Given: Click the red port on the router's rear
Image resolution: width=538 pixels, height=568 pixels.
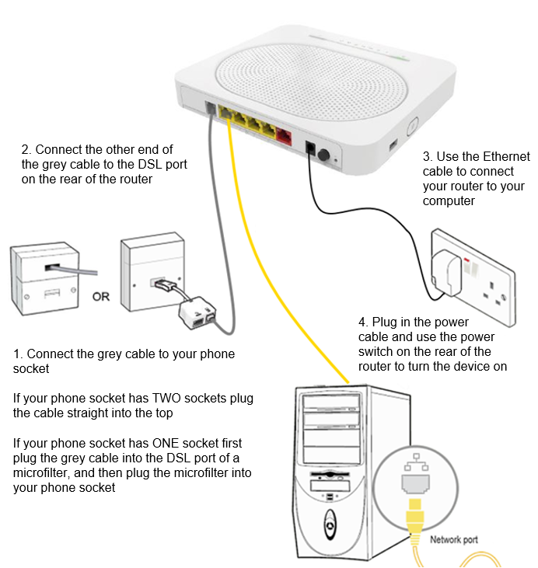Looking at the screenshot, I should tap(285, 139).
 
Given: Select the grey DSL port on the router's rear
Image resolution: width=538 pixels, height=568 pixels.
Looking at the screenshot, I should tap(210, 110).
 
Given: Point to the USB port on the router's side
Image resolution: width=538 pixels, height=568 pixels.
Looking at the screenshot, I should tap(392, 144).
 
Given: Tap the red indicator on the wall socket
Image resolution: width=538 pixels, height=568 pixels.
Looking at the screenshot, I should tap(467, 260).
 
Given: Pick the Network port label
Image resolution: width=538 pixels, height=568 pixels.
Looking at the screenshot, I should tap(455, 539).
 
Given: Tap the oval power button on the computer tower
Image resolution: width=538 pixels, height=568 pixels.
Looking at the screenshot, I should tap(330, 524).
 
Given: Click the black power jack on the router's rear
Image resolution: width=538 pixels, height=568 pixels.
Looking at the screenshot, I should tap(309, 148).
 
